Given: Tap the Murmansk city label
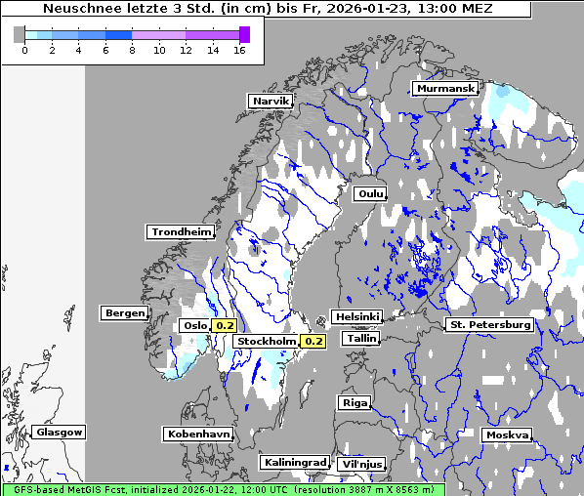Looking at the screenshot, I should pyautogui.click(x=445, y=89).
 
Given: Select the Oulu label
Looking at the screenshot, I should pyautogui.click(x=371, y=193).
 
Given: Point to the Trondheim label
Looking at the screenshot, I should pyautogui.click(x=181, y=231).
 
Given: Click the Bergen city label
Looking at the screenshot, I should pyautogui.click(x=123, y=313).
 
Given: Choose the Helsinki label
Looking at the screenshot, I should pyautogui.click(x=356, y=316).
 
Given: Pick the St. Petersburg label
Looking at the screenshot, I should pyautogui.click(x=489, y=324).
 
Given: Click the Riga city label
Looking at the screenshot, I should pyautogui.click(x=355, y=402).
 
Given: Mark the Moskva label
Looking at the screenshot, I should pyautogui.click(x=507, y=434).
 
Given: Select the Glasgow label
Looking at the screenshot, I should pyautogui.click(x=59, y=432).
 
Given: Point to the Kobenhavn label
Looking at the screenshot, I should pyautogui.click(x=198, y=433).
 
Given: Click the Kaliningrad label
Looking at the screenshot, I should pyautogui.click(x=294, y=462).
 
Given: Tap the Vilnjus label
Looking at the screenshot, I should pyautogui.click(x=361, y=464).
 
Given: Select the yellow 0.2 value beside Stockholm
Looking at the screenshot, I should pyautogui.click(x=313, y=342).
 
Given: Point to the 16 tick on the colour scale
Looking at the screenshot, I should pyautogui.click(x=239, y=50).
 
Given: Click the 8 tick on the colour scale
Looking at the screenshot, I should pyautogui.click(x=132, y=50).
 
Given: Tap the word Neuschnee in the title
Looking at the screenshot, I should pyautogui.click(x=79, y=9).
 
